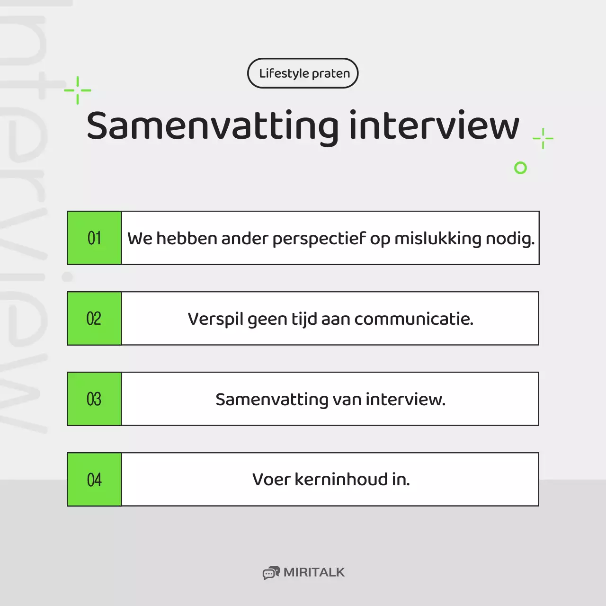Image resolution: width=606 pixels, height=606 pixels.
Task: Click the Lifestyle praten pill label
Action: pos(303,73)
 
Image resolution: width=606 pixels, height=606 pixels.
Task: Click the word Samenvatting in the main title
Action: pos(213,126)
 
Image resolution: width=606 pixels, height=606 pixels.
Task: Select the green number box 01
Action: pos(94,238)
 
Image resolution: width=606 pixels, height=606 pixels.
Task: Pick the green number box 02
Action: pos(94,318)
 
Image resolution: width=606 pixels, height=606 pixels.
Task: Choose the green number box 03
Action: pos(94,399)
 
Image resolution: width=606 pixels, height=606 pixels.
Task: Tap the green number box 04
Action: pos(94,479)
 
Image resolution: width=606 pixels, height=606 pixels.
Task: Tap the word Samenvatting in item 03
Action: pos(272,400)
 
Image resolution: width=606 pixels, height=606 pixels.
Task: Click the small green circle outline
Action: pos(520,168)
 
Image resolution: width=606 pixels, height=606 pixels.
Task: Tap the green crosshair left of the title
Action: pos(78,90)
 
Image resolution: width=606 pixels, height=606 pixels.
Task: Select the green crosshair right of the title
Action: pos(543,138)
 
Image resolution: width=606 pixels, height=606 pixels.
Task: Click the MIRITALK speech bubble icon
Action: pos(271,573)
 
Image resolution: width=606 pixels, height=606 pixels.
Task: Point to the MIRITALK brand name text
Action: pos(314,572)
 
